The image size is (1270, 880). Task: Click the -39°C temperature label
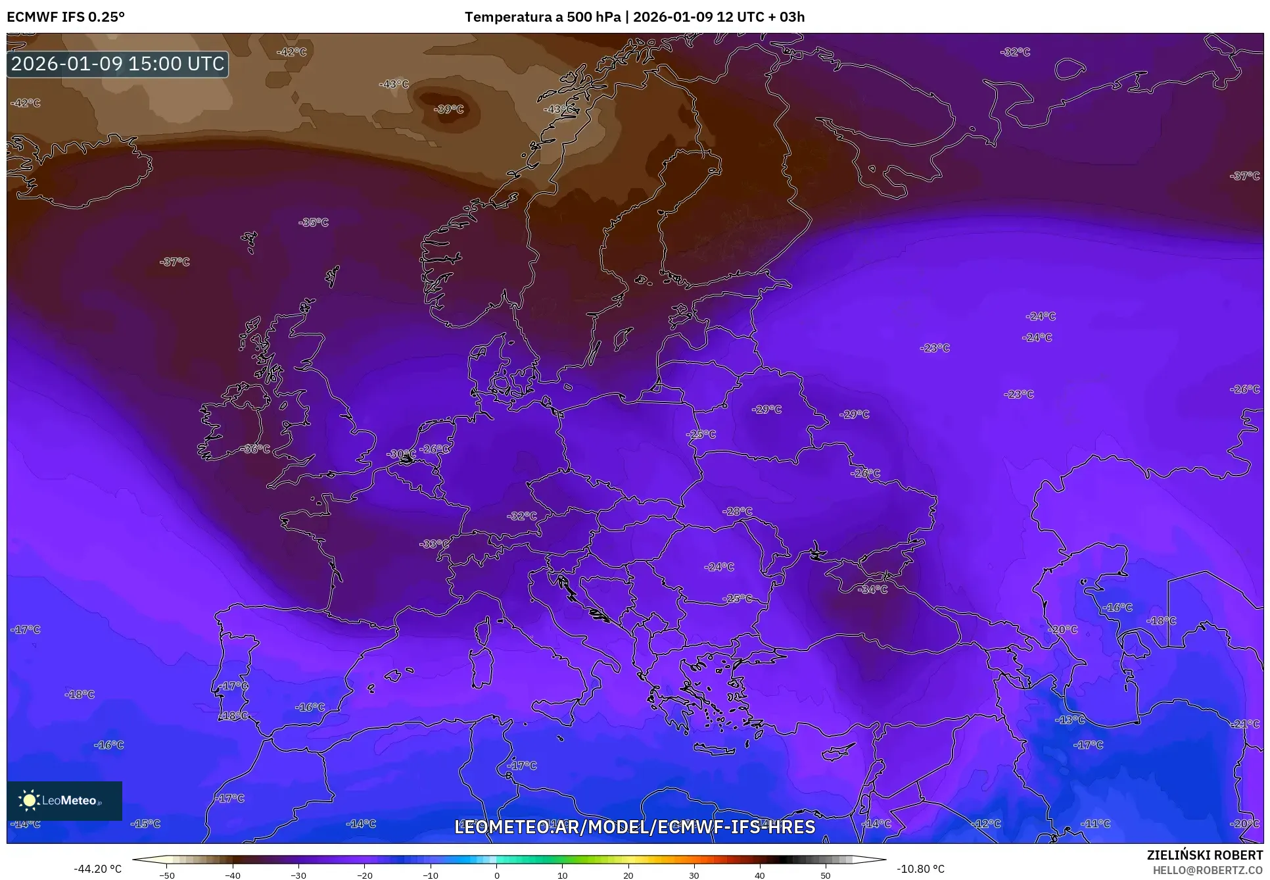[449, 109]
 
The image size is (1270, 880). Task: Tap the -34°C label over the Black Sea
[872, 590]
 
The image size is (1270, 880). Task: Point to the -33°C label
[435, 544]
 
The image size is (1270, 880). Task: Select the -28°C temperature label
[738, 511]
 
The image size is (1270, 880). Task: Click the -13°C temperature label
[1070, 720]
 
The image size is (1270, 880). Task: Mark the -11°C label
[1096, 823]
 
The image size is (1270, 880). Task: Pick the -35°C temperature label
[314, 222]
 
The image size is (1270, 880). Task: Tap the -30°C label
[401, 454]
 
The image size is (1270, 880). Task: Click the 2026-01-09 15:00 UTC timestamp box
[118, 64]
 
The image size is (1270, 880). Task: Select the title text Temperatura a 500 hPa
[542, 17]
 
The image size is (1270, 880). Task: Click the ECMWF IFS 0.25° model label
[66, 17]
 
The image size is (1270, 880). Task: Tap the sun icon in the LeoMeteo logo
[29, 800]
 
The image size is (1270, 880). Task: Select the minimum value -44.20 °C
[97, 869]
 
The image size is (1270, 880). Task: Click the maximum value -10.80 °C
[920, 869]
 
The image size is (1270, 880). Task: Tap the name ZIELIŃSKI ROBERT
[1205, 856]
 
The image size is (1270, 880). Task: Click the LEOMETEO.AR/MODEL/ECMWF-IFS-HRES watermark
[634, 827]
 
